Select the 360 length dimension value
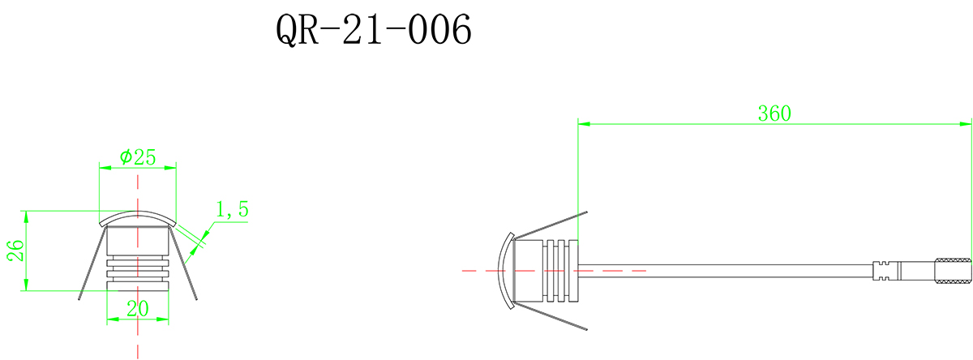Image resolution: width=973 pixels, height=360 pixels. click(774, 114)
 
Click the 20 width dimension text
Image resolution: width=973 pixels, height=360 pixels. click(138, 308)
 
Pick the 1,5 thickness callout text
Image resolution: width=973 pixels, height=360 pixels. click(231, 211)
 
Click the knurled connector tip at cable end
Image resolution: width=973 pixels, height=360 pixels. click(953, 271)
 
